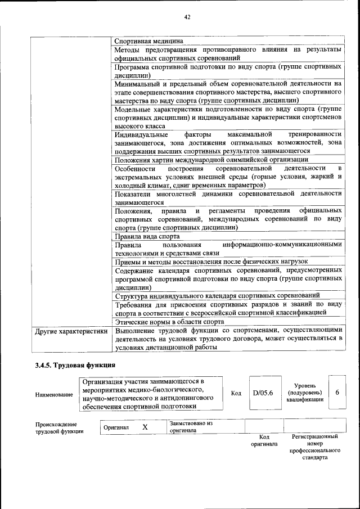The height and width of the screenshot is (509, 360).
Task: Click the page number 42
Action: tap(187, 17)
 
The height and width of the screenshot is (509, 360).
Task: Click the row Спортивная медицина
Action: tap(148, 41)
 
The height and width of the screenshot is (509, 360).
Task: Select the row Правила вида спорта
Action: tap(147, 236)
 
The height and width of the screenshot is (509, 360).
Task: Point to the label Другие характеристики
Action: tap(71, 331)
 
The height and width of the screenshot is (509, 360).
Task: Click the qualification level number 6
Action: tap(337, 392)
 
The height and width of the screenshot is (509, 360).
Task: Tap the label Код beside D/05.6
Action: tap(236, 393)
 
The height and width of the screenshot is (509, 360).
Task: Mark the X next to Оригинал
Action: tap(145, 427)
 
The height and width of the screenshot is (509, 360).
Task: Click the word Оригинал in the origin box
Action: tap(116, 428)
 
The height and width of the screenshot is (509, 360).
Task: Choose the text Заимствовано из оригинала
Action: tap(191, 427)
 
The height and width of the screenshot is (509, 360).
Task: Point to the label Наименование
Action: tap(54, 395)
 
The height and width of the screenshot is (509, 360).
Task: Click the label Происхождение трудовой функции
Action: tap(56, 428)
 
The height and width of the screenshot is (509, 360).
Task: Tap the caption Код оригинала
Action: tap(264, 440)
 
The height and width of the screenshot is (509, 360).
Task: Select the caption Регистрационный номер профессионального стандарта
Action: tap(315, 447)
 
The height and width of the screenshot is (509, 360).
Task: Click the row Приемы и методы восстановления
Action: tap(211, 262)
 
